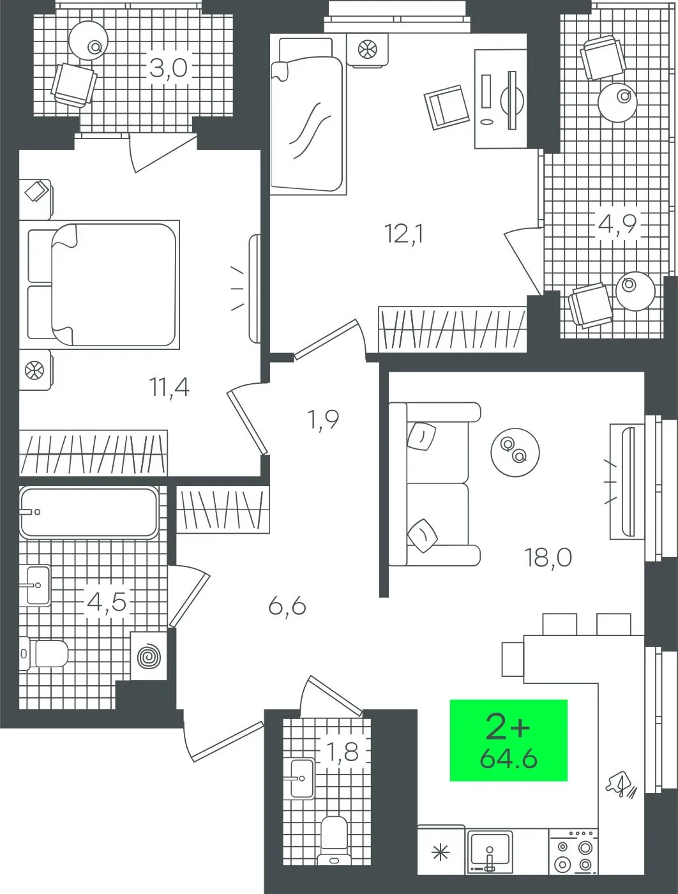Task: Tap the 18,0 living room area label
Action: [548, 557]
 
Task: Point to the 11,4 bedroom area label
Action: [169, 387]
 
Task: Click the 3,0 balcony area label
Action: [169, 68]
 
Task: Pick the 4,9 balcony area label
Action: [617, 224]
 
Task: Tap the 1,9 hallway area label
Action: [324, 420]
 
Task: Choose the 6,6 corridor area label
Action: [287, 607]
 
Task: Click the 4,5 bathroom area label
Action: [107, 602]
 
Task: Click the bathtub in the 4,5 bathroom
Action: [89, 512]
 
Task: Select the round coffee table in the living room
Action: [515, 452]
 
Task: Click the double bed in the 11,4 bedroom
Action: [103, 285]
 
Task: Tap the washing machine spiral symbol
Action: [149, 656]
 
